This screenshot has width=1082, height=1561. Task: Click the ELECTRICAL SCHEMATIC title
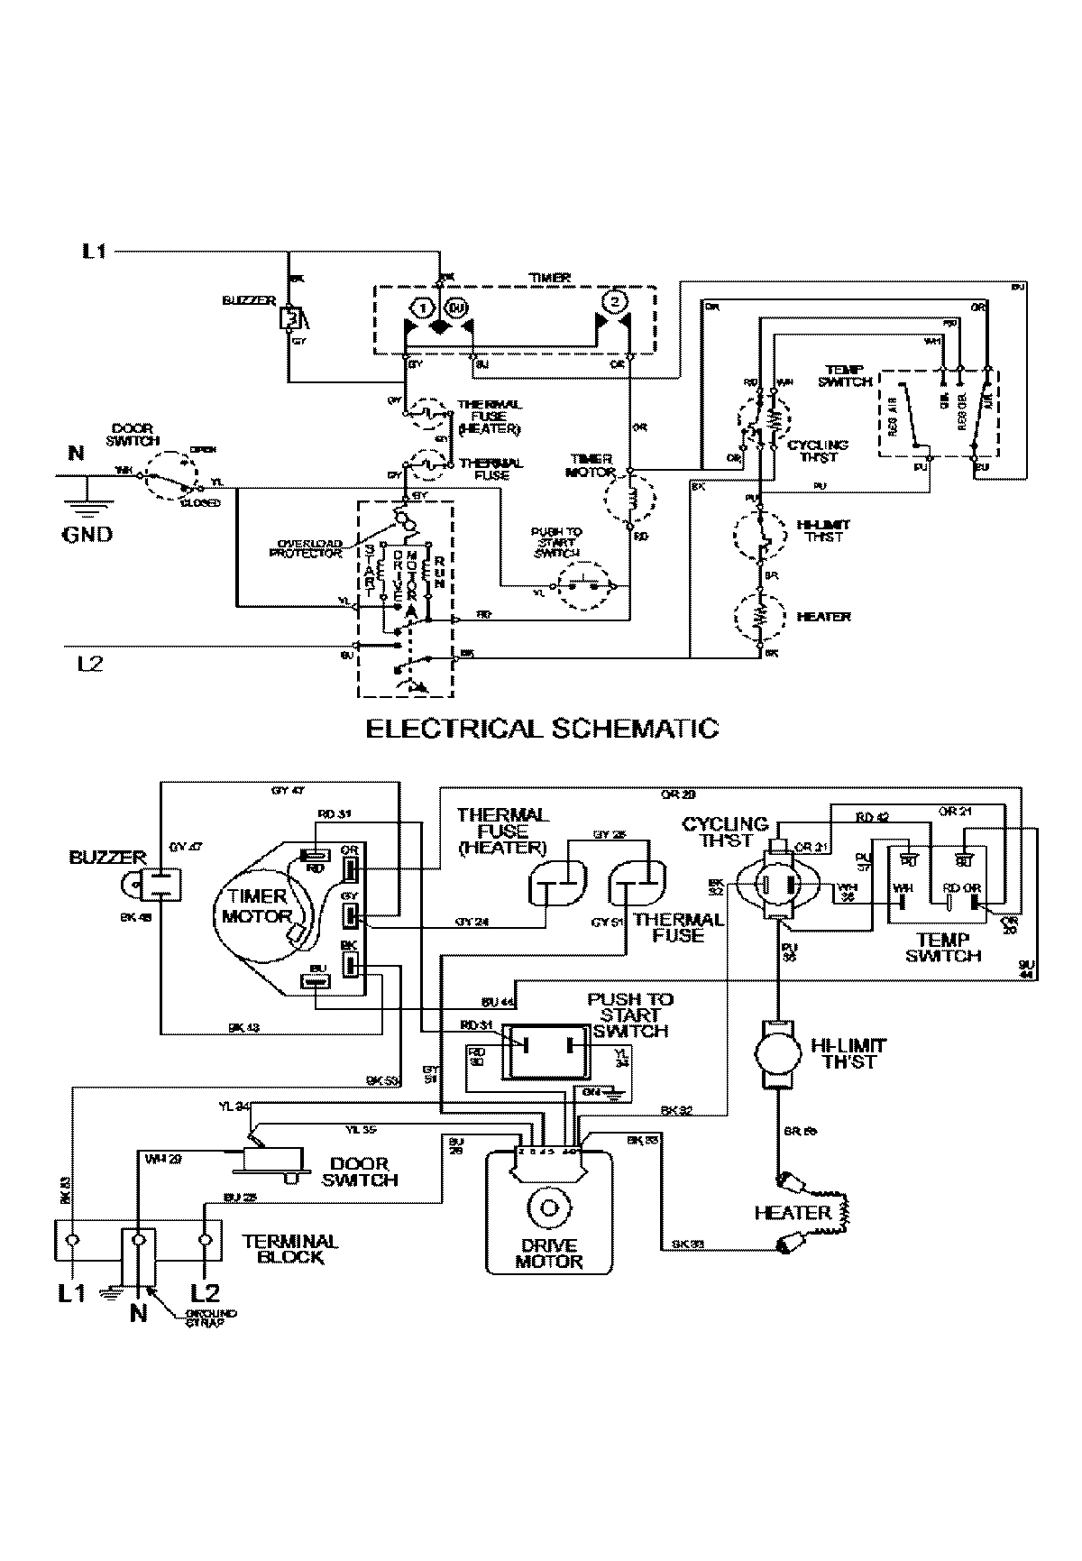tap(542, 728)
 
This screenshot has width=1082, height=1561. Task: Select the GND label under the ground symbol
tap(87, 534)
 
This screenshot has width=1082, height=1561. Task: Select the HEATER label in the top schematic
tap(823, 617)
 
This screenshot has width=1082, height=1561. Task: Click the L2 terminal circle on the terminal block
tap(206, 1240)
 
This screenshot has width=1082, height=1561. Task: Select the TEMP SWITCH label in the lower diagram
tap(943, 948)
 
